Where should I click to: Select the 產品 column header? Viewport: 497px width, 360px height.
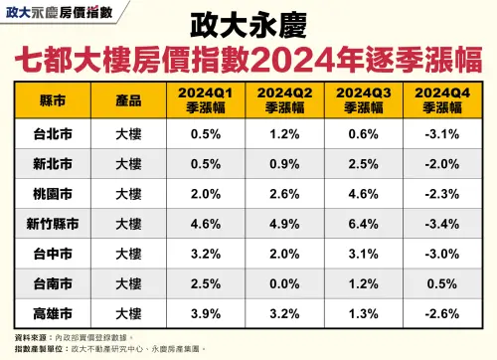127,101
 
